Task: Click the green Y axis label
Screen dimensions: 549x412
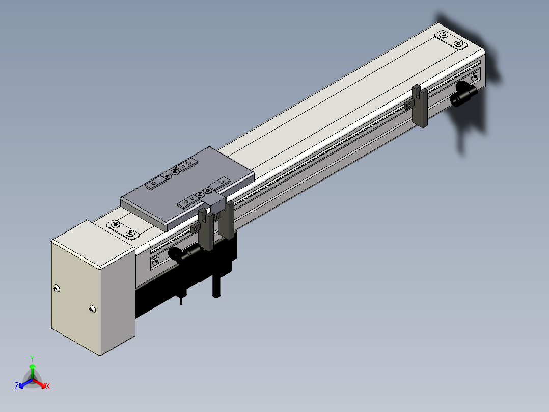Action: [x=32, y=358]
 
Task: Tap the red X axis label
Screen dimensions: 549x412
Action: [x=48, y=386]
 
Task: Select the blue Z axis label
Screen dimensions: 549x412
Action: [x=17, y=385]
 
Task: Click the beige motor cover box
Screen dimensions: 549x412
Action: [x=93, y=288]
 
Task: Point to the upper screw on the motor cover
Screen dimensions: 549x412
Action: [x=57, y=288]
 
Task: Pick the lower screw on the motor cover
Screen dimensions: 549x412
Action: [x=92, y=309]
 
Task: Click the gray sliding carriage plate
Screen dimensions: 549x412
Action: [x=187, y=188]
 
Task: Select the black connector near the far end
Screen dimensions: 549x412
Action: [x=463, y=93]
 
